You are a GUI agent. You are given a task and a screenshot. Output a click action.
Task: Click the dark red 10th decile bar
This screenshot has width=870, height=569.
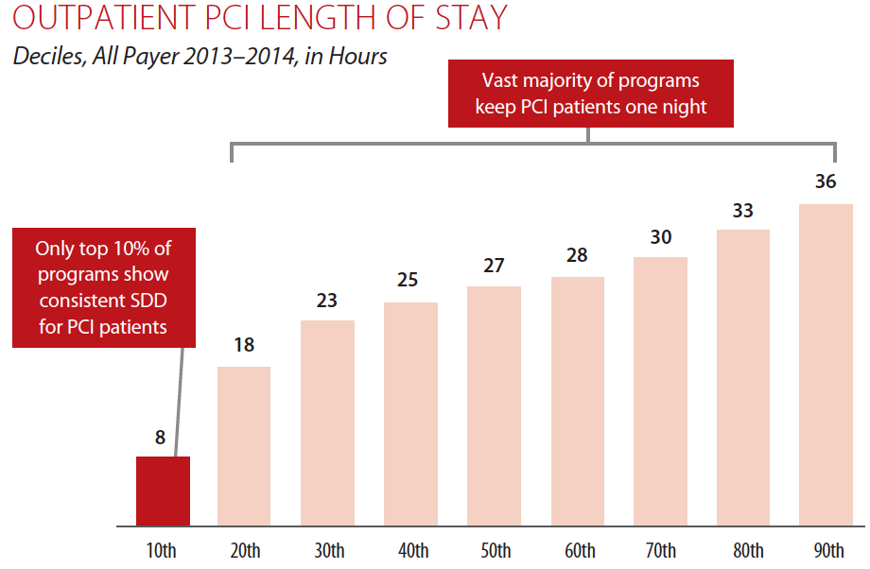(164, 491)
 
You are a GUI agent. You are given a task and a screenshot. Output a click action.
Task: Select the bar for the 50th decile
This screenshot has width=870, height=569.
(494, 405)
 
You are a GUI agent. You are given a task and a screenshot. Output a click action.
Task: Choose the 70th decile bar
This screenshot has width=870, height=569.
(660, 391)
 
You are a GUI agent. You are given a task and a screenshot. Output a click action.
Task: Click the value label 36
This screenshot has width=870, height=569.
(826, 181)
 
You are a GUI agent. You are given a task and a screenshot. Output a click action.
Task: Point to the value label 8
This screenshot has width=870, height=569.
(161, 438)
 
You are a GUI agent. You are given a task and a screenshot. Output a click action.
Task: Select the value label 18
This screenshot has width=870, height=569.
(244, 345)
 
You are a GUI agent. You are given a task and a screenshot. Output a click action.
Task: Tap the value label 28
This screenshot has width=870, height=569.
(577, 255)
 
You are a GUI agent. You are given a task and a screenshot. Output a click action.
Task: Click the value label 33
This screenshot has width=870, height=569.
(742, 210)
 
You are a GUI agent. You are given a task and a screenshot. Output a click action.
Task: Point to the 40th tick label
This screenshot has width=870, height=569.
(411, 551)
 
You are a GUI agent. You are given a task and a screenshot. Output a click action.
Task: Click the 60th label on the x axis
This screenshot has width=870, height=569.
(578, 551)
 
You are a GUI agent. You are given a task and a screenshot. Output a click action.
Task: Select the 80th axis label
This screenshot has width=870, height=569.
(743, 551)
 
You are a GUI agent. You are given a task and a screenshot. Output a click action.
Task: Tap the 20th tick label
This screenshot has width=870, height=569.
(245, 551)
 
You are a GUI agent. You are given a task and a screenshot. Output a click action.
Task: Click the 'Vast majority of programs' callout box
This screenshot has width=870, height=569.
(591, 94)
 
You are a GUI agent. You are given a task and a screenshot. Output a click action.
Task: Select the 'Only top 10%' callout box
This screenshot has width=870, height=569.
(103, 288)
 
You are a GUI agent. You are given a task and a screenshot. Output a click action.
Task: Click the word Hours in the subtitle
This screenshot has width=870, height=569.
(357, 57)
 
